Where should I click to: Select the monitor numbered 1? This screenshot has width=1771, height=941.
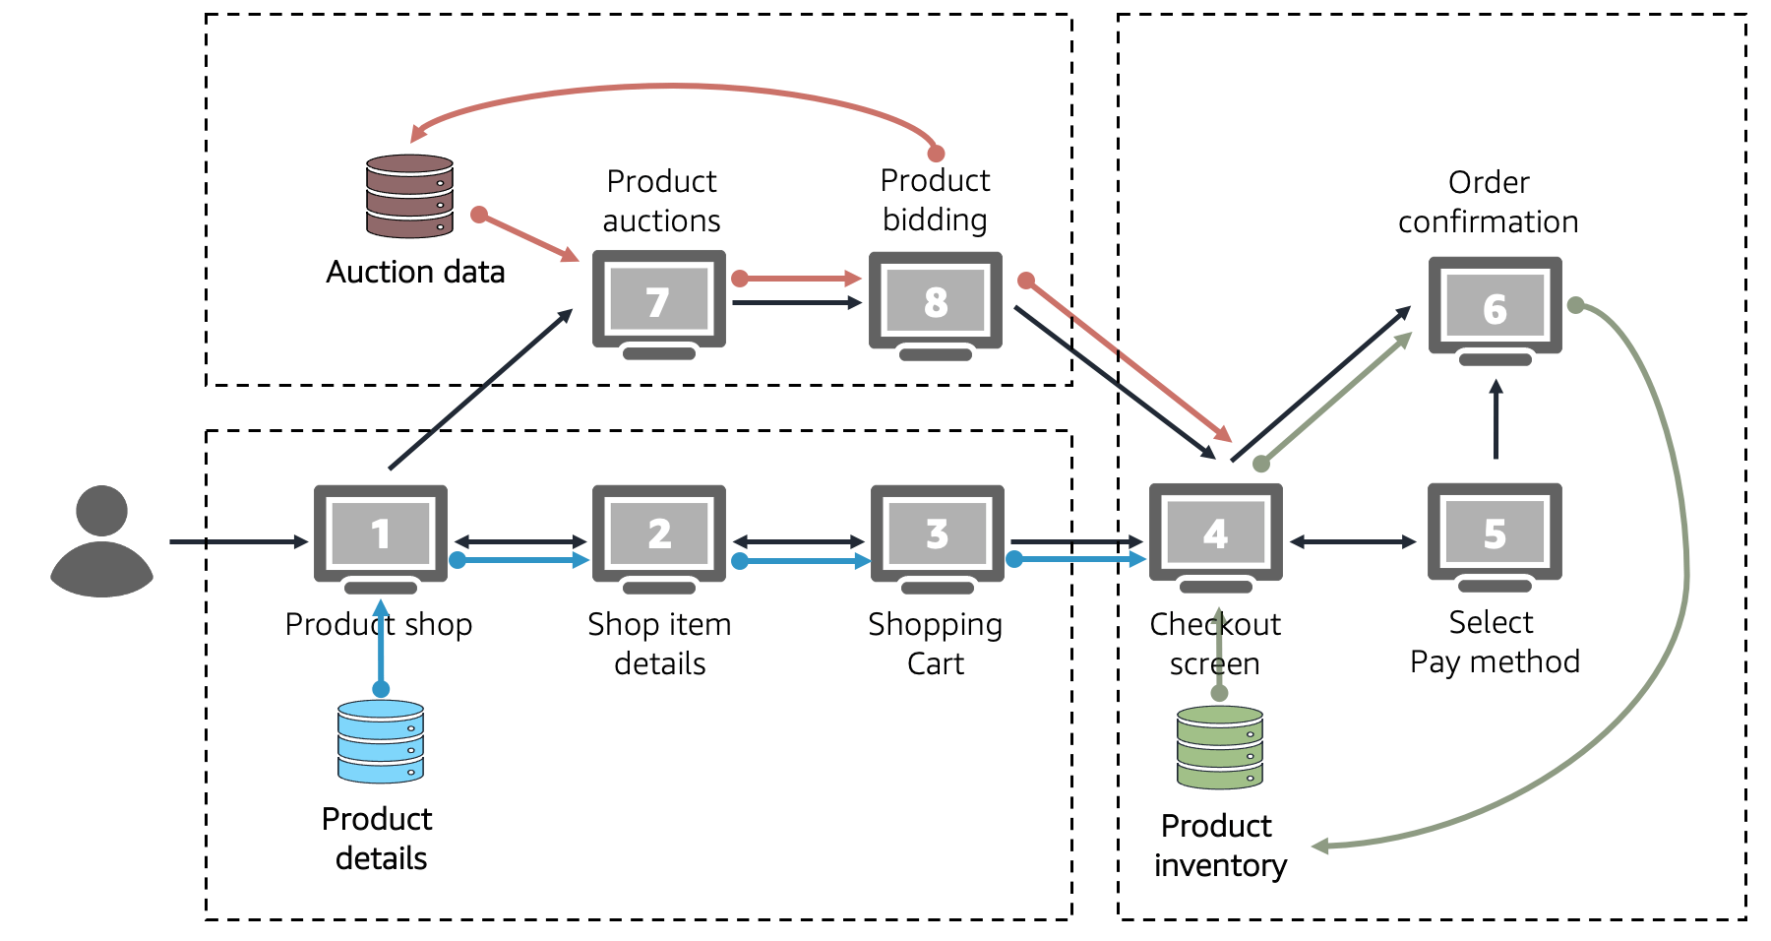point(381,536)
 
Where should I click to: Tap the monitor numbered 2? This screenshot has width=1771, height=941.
point(659,536)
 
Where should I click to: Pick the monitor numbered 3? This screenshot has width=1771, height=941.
point(938,536)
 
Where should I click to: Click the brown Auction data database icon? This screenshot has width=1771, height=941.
point(409,196)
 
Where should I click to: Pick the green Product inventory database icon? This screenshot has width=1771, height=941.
point(1220,747)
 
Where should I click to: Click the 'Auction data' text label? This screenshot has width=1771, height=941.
point(415,272)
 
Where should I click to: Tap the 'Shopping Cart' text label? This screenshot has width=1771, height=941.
point(936,643)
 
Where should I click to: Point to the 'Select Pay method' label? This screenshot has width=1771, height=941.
point(1495,642)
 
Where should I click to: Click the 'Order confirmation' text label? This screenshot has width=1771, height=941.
point(1489,202)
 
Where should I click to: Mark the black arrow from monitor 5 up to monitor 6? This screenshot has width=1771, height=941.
point(1496,420)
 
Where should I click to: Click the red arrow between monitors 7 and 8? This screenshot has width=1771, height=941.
point(799,279)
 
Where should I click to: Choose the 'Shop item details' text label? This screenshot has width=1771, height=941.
point(659,643)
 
